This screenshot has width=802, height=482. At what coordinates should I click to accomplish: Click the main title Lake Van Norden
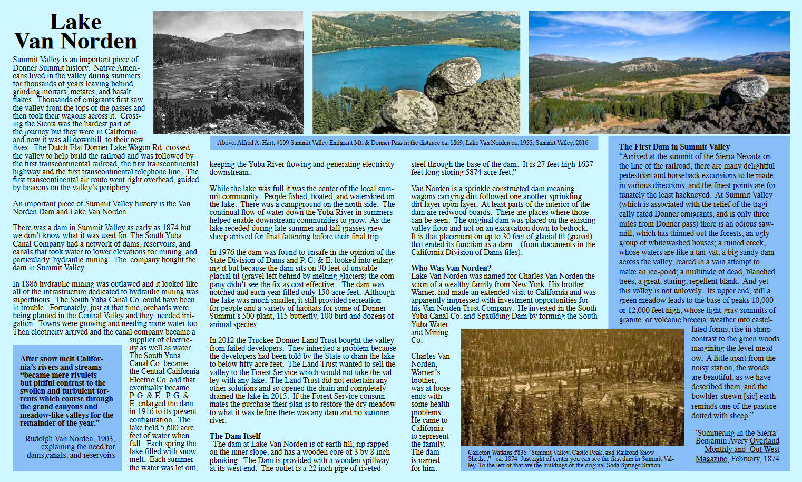coord(75,32)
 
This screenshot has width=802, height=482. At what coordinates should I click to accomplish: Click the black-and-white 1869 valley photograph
coord(228,73)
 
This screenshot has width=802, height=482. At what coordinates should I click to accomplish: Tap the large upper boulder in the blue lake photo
coord(452,77)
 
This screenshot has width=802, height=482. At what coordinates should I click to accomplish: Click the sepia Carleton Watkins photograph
coord(572,387)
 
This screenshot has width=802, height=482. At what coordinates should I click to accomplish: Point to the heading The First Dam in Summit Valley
coord(674,147)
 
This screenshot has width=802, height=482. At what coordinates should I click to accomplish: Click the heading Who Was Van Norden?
coord(451,268)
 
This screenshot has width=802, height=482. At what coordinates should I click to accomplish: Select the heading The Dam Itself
coord(235,436)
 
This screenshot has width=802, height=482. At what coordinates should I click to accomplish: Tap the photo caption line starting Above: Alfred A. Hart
coord(403,143)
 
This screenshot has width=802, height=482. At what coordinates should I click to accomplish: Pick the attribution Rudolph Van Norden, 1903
coord(70,439)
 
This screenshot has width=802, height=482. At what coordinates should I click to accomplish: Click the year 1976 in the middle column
coord(227,252)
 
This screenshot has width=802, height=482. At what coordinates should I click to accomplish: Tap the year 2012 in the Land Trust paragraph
coord(227,340)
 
